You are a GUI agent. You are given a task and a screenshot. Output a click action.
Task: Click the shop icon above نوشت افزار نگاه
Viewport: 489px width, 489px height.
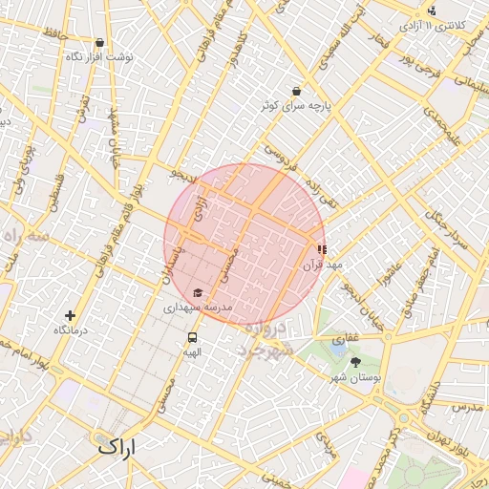100,42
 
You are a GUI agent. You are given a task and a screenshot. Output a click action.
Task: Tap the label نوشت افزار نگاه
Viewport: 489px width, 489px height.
100,57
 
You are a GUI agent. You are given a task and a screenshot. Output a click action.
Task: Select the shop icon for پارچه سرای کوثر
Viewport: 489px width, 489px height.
297,92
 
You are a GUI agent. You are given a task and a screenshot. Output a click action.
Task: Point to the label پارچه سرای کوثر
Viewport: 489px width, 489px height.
297,106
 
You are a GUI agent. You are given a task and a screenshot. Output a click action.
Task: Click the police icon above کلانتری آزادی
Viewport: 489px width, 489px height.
432,11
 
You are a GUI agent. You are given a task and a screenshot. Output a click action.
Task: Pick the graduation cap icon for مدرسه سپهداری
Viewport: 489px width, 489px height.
198,292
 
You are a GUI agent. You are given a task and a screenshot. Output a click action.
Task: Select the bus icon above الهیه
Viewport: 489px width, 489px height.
193,337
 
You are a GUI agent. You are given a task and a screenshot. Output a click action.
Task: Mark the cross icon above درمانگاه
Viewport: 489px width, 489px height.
70,315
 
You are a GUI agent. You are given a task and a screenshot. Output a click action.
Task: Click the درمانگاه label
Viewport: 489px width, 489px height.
70,330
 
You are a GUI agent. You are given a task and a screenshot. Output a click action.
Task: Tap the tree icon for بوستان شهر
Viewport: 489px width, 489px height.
356,362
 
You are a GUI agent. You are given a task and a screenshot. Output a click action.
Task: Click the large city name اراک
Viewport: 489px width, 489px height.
117,446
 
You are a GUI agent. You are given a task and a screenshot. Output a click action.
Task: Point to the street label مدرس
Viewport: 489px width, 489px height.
468,408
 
